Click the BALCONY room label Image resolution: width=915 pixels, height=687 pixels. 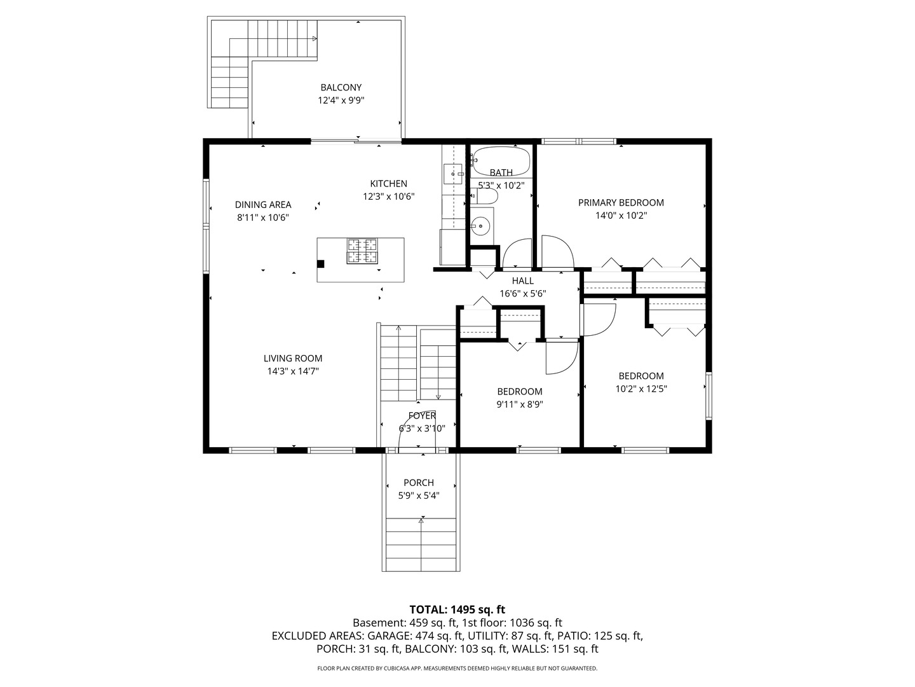(x=341, y=88)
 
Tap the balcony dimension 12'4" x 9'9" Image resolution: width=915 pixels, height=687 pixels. (x=341, y=101)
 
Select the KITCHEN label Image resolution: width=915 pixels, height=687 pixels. (x=389, y=184)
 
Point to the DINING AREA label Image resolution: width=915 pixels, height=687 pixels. (x=263, y=205)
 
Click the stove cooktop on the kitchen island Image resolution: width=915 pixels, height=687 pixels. (x=361, y=251)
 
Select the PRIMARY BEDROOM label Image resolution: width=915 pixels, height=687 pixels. (x=621, y=203)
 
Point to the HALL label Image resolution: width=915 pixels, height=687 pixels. (x=523, y=281)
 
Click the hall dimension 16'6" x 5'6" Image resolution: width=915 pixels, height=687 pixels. (x=523, y=294)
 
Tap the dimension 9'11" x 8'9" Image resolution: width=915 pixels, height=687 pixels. (x=520, y=405)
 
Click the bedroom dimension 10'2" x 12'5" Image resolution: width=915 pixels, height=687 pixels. (x=641, y=389)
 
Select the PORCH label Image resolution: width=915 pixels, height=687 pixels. (x=419, y=483)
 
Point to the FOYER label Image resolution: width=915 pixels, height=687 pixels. (x=422, y=416)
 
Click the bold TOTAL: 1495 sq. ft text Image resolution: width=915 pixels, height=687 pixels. (x=457, y=609)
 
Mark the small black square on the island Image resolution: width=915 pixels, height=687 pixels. (x=321, y=263)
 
